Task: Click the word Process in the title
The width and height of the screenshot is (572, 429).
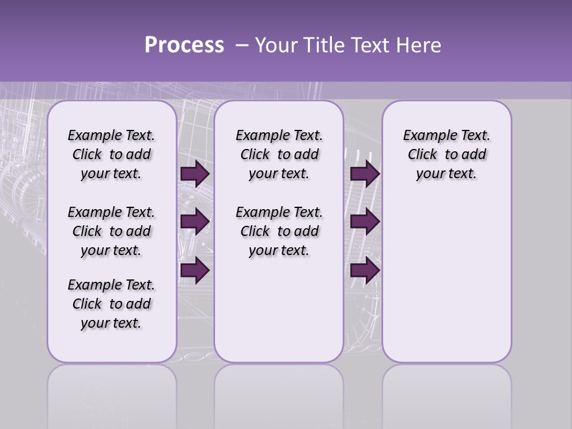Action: click(x=184, y=45)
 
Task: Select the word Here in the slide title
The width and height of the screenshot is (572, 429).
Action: click(x=418, y=45)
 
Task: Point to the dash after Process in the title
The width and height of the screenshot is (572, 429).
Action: click(x=242, y=46)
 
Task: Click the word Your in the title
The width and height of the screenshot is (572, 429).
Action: click(x=276, y=45)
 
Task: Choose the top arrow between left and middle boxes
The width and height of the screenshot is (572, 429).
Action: click(x=195, y=174)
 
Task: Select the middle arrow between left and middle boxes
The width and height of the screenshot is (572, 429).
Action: click(x=195, y=222)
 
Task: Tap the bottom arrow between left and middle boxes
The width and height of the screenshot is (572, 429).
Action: click(x=195, y=271)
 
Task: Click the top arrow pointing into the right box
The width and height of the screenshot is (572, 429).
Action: click(x=365, y=174)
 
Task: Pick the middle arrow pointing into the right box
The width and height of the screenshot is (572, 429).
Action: click(x=365, y=222)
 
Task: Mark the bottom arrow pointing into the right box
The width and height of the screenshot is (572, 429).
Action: click(x=365, y=271)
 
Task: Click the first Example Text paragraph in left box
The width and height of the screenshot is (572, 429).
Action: click(x=111, y=154)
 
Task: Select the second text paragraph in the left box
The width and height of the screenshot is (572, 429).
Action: click(x=111, y=231)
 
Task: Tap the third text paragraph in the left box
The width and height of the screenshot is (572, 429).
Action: click(x=111, y=304)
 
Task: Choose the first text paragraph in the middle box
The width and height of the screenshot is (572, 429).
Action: click(x=279, y=154)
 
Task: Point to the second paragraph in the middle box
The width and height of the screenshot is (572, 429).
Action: click(x=279, y=231)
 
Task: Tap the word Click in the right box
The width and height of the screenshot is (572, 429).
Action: click(x=422, y=154)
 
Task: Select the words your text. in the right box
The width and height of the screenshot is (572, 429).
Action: click(x=446, y=174)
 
